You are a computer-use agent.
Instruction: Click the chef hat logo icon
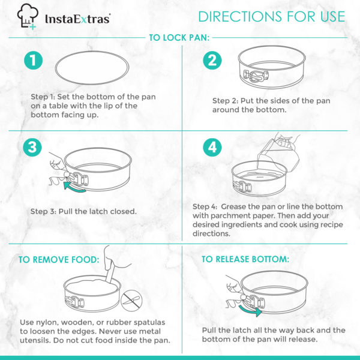28,17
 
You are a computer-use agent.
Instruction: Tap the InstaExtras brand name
77,19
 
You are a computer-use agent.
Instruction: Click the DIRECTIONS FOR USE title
272,17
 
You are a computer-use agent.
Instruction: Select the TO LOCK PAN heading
179,38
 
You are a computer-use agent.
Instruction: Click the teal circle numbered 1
33,61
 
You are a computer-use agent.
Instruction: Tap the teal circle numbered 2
212,61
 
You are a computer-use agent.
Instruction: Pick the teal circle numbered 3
32,147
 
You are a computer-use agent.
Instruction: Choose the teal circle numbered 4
212,147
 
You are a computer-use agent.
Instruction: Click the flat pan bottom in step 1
92,68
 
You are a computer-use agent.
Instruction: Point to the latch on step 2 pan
256,76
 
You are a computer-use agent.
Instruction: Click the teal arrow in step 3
74,186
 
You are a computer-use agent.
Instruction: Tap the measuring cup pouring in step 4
278,154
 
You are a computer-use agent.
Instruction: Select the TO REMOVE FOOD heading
59,260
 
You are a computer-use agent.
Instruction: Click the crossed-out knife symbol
131,301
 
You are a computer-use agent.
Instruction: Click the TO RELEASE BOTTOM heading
245,259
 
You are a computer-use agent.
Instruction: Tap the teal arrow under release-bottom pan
250,310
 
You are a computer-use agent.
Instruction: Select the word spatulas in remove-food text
149,322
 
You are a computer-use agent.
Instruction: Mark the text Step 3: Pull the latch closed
83,211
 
